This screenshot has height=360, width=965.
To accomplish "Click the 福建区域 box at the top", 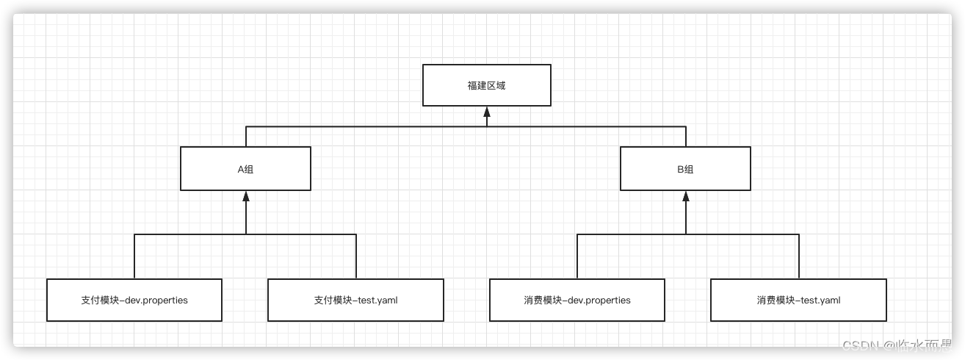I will pos(486,85).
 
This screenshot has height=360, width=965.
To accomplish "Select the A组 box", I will pos(245,169).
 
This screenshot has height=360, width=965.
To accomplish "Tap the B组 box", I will pos(685,169).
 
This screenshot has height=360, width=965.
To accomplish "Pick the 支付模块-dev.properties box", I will pos(134,300).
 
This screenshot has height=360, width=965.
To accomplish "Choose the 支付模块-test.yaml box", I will pos(355,300).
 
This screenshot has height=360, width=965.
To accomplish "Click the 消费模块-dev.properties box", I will pos(577,300).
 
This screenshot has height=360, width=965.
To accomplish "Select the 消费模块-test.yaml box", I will pos(798,300).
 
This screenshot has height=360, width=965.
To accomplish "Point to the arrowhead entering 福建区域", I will pos(486,112).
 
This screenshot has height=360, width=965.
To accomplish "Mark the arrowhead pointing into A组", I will pos(246,196).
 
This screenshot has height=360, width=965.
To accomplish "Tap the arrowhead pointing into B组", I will pos(686,196).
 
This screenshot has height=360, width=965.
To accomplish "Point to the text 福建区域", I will pos(486,85).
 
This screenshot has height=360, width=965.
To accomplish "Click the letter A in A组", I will pos(240,169).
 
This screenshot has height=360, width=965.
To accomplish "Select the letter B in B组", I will pos(680,169).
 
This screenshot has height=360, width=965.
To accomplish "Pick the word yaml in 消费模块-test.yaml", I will pos(830,300).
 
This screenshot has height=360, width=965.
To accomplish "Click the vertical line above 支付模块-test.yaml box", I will pos(356,256).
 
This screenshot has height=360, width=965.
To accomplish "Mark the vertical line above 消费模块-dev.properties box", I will pos(577,256).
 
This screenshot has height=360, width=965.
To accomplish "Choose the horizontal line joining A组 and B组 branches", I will pos(367,126).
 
